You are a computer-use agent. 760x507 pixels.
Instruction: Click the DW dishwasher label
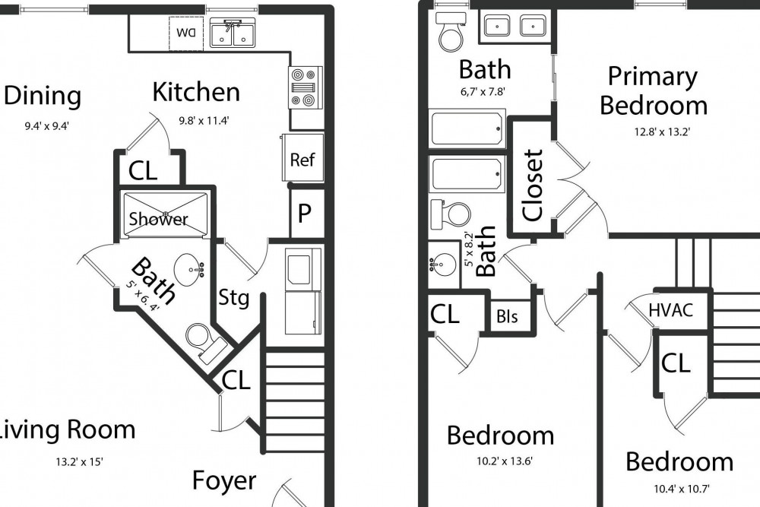186,33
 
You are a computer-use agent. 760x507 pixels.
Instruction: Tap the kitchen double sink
233,33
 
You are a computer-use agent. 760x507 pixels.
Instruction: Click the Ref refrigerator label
302,160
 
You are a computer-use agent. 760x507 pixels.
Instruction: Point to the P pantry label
305,213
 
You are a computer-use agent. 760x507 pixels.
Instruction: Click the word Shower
158,219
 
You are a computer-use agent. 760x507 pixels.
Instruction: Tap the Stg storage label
233,297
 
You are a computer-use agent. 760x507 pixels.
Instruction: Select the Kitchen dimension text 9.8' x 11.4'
204,121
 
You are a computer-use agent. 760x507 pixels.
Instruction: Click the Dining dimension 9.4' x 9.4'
47,126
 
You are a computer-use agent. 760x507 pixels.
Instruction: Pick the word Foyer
224,480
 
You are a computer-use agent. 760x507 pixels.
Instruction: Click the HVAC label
671,310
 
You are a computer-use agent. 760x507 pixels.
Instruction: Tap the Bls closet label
507,316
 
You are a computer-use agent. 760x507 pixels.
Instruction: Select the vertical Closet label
533,185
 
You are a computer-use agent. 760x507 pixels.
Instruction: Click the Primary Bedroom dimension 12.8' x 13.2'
662,132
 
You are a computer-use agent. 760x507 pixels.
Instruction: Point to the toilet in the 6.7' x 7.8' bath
451,32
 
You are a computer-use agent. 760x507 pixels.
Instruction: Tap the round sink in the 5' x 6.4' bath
189,266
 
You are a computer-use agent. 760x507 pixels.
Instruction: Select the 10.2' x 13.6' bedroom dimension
505,461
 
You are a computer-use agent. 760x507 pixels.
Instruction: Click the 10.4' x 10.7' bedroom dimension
682,489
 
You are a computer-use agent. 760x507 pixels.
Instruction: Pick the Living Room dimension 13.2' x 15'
79,462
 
